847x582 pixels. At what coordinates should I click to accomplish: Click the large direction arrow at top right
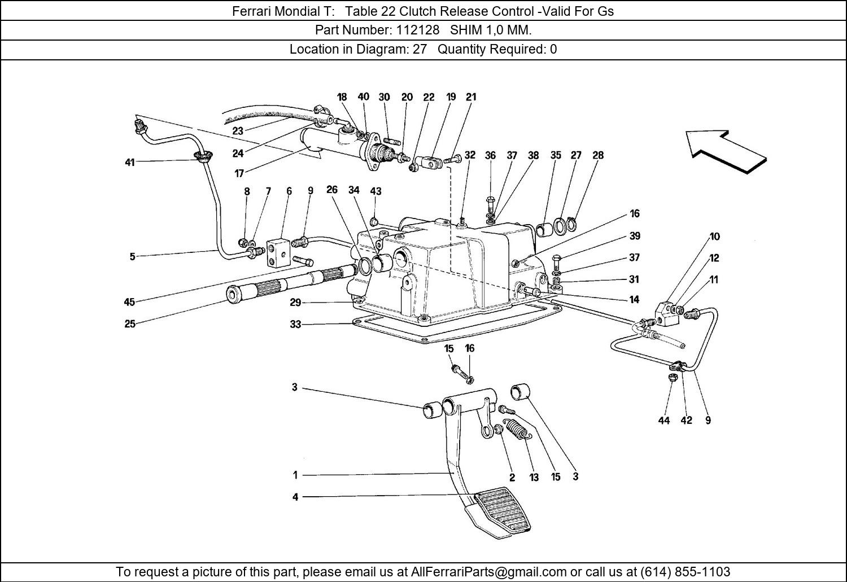coord(726,151)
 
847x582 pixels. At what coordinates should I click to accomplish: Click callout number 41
coord(130,163)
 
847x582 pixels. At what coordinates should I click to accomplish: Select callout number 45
coord(129,302)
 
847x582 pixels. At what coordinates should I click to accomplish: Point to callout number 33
coord(295,325)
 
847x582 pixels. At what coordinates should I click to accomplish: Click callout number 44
coord(664,421)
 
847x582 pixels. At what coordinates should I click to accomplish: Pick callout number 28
coord(598,155)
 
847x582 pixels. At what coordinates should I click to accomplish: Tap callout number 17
coord(239,174)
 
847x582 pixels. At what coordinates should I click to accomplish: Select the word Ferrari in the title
coord(251,11)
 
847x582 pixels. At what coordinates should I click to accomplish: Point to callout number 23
coord(238,131)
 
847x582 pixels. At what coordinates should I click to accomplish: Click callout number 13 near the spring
coord(534,478)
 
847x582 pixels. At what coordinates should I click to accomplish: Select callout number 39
coord(635,236)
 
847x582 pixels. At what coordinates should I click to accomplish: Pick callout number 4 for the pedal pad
coord(295,497)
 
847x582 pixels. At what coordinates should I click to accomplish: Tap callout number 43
coord(376,191)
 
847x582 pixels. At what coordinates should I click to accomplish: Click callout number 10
coord(715,237)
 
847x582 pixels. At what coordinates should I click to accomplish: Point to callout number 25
coord(130,324)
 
